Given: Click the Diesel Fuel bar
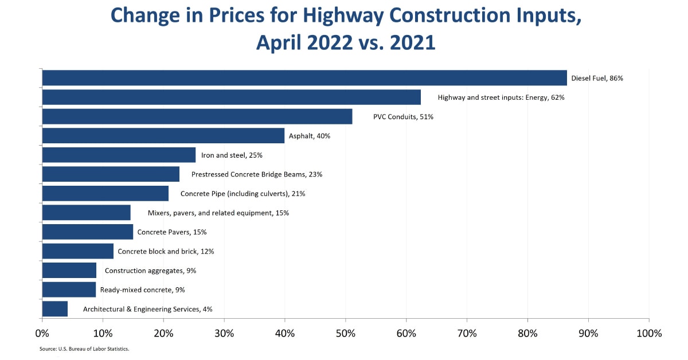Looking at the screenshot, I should click(304, 78).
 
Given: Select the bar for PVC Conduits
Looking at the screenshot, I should click(197, 116).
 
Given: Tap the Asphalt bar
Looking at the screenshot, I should click(163, 136).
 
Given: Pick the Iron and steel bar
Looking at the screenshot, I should click(119, 155).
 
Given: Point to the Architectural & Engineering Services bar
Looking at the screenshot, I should click(54, 309).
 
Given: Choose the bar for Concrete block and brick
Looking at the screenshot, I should click(77, 251).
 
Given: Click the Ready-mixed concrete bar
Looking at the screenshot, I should click(69, 289).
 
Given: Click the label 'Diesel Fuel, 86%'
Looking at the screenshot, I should click(597, 79).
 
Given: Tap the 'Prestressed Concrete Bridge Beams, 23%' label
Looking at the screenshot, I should click(257, 174).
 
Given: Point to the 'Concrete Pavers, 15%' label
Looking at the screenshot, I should click(172, 232).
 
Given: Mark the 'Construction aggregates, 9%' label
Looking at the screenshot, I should click(151, 271).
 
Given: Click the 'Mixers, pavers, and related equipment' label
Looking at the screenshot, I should click(218, 213).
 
